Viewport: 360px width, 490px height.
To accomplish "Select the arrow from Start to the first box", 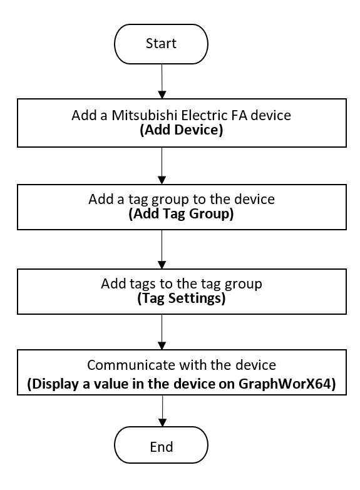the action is click(x=162, y=81).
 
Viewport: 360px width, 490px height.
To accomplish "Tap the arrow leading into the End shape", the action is click(x=163, y=411).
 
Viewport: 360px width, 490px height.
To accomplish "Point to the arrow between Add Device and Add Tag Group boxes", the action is click(x=162, y=166).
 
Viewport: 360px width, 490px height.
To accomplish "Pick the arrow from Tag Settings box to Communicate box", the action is click(x=162, y=332).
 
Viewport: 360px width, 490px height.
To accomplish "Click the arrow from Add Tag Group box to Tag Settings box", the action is click(x=162, y=249).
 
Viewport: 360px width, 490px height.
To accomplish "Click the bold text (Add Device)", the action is click(x=182, y=130).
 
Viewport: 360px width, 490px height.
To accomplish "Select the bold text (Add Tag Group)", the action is click(x=181, y=214).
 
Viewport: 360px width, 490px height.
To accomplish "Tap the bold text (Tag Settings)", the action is click(x=182, y=298).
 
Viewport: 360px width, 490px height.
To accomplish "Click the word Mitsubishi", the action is click(x=145, y=115).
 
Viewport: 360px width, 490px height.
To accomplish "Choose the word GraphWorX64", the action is click(x=287, y=384).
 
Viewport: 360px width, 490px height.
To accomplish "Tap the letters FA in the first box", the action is click(x=239, y=115).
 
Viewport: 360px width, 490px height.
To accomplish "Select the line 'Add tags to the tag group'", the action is click(x=182, y=283).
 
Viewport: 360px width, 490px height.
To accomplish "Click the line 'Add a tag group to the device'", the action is click(x=182, y=200).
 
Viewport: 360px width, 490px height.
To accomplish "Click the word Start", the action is click(x=161, y=43).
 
